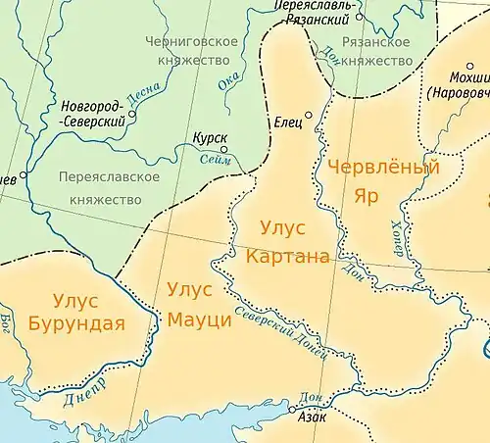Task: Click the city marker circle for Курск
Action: click(223, 150)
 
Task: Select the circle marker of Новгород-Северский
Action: click(132, 113)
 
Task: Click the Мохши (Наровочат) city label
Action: click(459, 84)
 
